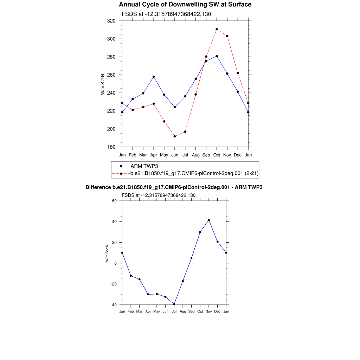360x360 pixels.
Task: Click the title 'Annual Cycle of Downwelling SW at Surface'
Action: pyautogui.click(x=185, y=5)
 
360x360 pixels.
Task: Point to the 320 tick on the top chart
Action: pyautogui.click(x=111, y=21)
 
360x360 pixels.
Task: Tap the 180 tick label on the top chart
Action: pyautogui.click(x=111, y=147)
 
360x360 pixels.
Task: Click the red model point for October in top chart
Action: pyautogui.click(x=217, y=29)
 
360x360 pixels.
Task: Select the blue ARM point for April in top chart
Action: pyautogui.click(x=154, y=77)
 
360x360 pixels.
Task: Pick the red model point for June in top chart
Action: pyautogui.click(x=175, y=136)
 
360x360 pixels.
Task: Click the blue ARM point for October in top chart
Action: pyautogui.click(x=217, y=56)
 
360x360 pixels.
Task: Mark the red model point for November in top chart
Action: pyautogui.click(x=227, y=36)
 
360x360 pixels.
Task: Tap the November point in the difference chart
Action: pyautogui.click(x=209, y=220)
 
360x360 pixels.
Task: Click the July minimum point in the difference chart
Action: pyautogui.click(x=174, y=304)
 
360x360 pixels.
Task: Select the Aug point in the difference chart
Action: pyautogui.click(x=183, y=281)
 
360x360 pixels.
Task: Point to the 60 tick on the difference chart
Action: pyautogui.click(x=114, y=201)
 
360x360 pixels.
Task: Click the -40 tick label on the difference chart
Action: pyautogui.click(x=113, y=305)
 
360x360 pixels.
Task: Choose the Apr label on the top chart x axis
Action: pyautogui.click(x=154, y=155)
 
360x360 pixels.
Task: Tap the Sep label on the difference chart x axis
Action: pyautogui.click(x=191, y=311)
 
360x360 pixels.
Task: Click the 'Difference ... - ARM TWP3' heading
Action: pyautogui.click(x=174, y=187)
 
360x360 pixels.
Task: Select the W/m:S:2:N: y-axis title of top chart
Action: pyautogui.click(x=103, y=84)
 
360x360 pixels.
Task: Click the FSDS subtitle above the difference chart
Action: pyautogui.click(x=159, y=195)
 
